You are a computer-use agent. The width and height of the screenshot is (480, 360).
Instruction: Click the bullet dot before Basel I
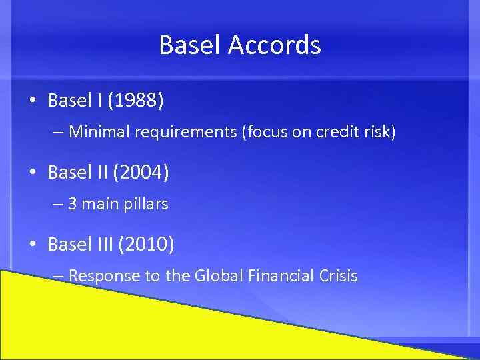click(32, 101)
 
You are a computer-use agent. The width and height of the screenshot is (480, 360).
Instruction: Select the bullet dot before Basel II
click(32, 174)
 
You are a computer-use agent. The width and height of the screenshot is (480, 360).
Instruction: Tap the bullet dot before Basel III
click(32, 245)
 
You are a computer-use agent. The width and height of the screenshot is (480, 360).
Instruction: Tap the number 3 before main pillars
click(72, 204)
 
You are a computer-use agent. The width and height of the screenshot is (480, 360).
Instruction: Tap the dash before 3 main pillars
click(57, 205)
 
